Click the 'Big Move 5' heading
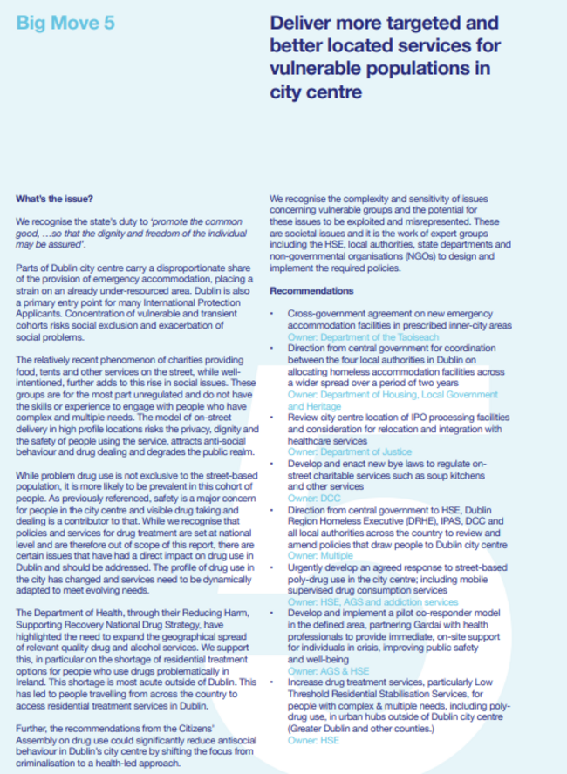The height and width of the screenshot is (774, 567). coord(65,24)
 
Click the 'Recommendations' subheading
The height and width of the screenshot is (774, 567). coord(311,290)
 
